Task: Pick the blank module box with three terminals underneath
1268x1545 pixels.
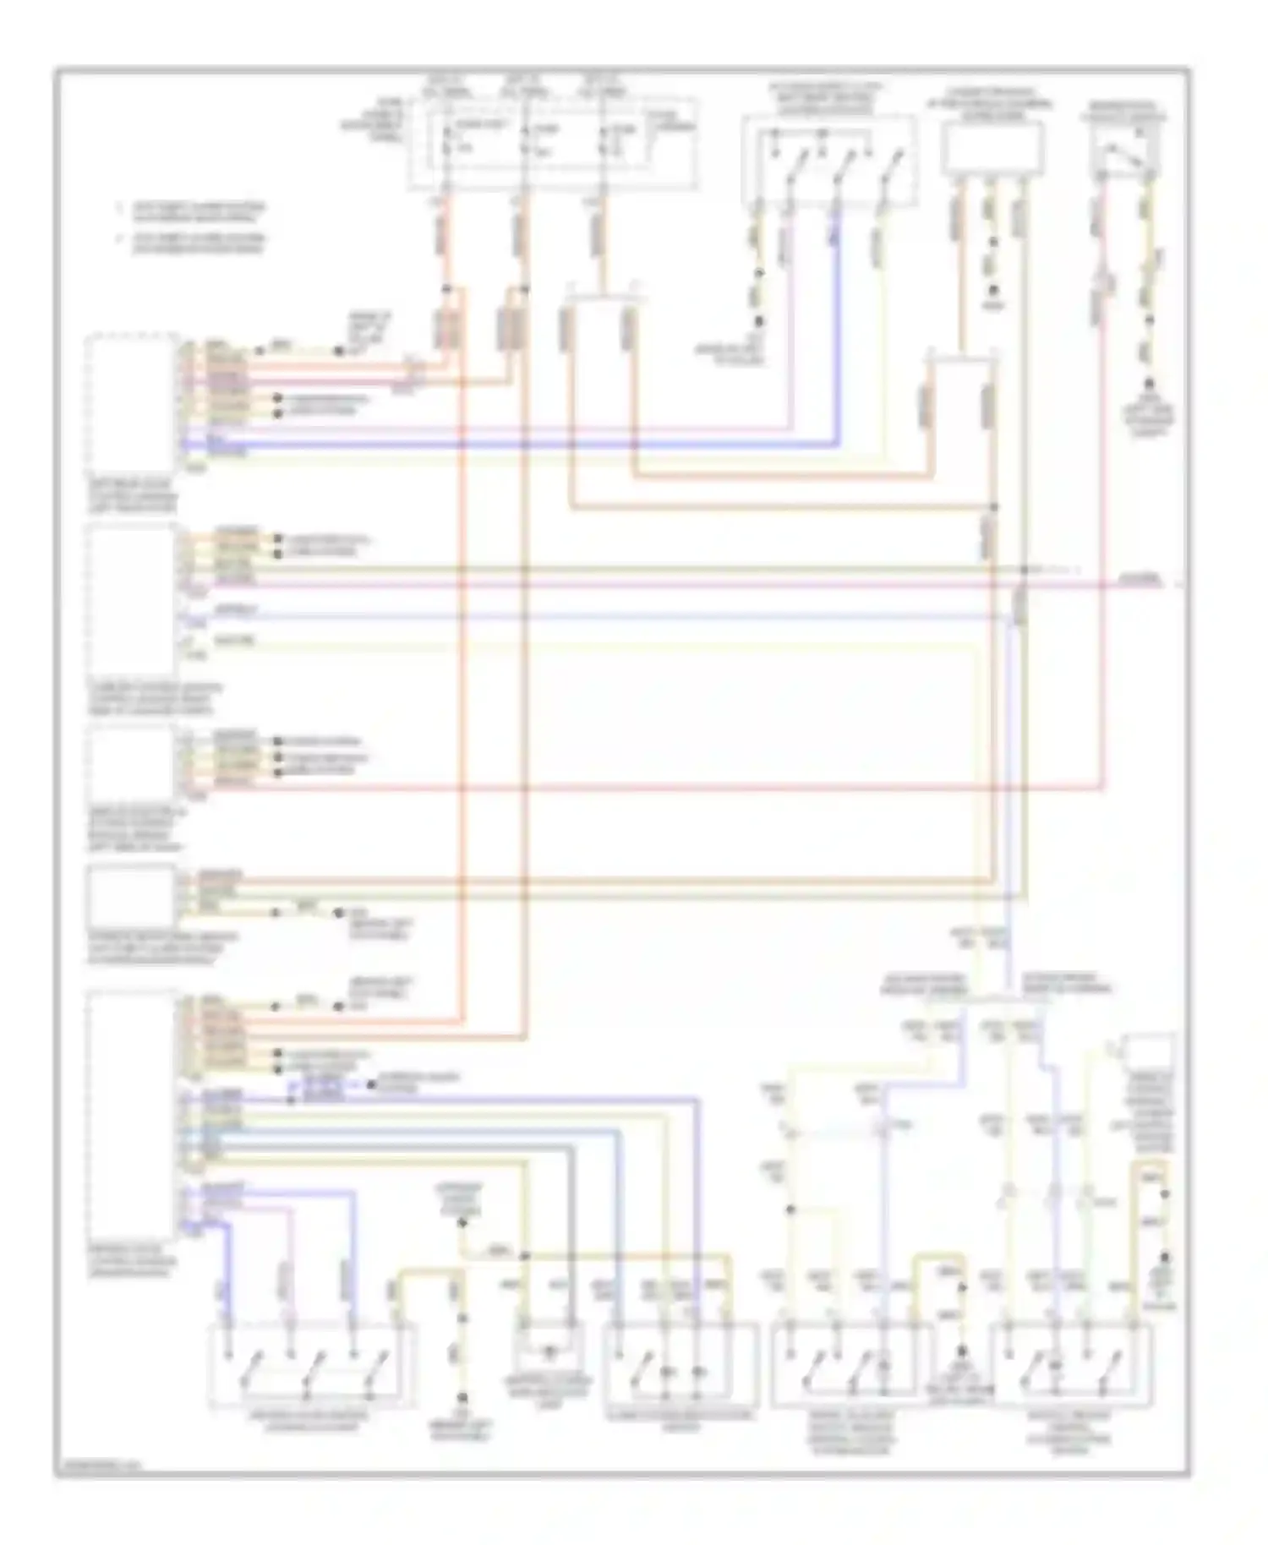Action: click(992, 148)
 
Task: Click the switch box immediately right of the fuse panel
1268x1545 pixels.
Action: click(828, 161)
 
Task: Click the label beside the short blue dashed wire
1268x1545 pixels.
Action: click(397, 1084)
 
